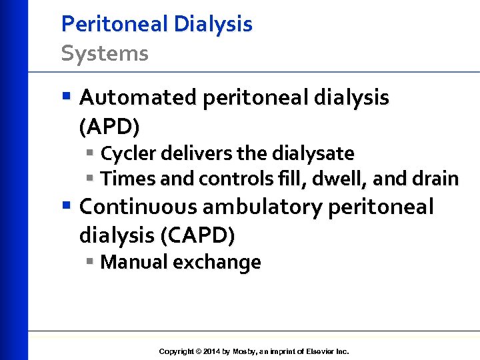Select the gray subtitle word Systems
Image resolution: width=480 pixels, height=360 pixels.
click(105, 53)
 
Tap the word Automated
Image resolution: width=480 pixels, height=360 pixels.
click(137, 98)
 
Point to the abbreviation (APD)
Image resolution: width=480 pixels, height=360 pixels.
click(109, 125)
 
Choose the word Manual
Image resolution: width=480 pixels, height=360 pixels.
click(134, 262)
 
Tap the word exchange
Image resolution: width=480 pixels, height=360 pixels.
click(217, 262)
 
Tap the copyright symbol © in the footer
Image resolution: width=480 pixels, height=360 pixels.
click(198, 351)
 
